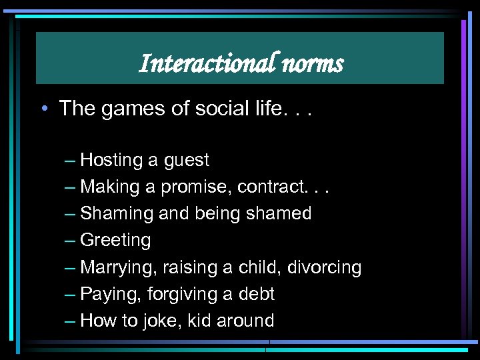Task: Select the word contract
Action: pos(288,187)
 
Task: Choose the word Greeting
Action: pos(115,241)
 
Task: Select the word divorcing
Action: pos(324,268)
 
